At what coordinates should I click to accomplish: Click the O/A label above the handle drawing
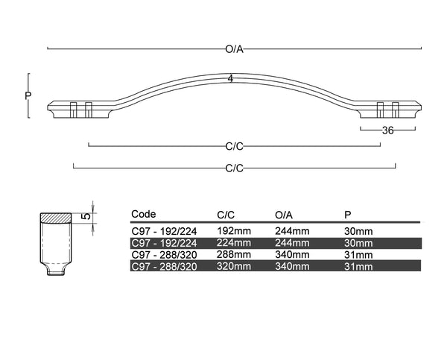[x=234, y=49]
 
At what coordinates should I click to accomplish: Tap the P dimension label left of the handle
[x=28, y=95]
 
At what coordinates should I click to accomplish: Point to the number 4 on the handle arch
[x=232, y=79]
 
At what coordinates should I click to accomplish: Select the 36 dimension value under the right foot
[x=387, y=130]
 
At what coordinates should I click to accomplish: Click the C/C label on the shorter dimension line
[x=235, y=146]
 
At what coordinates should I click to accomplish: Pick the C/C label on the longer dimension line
[x=235, y=168]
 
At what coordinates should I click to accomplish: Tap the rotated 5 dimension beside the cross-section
[x=86, y=216]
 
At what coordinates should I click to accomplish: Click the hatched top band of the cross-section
[x=55, y=218]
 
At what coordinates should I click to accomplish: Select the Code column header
[x=144, y=214]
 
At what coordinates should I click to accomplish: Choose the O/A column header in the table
[x=285, y=215]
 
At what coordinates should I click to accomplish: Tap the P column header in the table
[x=348, y=215]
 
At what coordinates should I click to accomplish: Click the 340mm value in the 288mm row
[x=292, y=254]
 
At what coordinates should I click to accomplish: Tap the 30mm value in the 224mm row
[x=358, y=243]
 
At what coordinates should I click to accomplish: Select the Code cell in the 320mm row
[x=164, y=266]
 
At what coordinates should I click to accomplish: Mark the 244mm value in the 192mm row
[x=292, y=231]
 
